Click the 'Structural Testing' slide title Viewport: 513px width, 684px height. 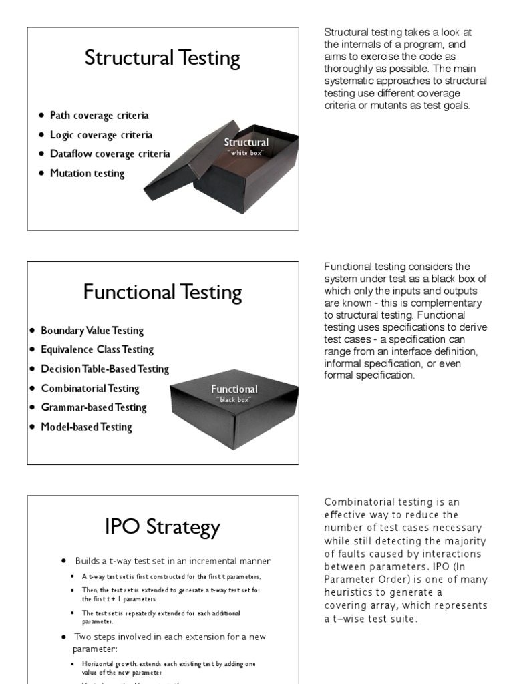click(162, 58)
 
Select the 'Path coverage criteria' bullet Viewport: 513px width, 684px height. click(99, 116)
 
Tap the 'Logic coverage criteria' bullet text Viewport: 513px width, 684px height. click(101, 135)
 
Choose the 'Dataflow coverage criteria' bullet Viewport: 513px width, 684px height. click(110, 154)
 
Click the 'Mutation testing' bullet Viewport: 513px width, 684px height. click(87, 173)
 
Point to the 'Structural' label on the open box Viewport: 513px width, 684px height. click(246, 142)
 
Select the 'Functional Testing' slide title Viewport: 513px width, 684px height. click(162, 292)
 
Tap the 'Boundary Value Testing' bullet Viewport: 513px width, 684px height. click(92, 331)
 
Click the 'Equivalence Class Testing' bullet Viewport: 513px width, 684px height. click(97, 349)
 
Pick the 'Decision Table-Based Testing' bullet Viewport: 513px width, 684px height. click(104, 369)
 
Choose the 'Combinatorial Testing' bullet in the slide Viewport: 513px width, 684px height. click(90, 388)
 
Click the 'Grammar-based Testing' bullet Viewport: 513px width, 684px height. click(94, 407)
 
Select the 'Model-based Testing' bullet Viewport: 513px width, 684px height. click(86, 427)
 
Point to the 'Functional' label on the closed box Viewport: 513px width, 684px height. click(234, 389)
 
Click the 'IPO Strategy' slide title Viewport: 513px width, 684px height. click(162, 527)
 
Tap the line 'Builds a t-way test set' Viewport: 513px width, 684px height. click(172, 560)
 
